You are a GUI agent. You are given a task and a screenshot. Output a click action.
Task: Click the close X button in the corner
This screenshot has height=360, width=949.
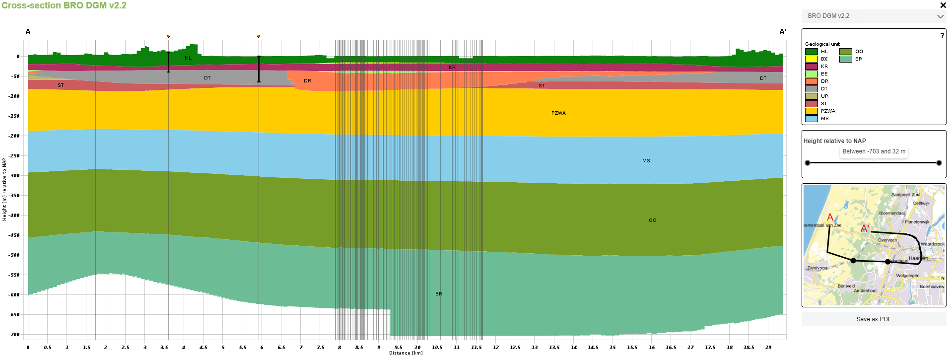click(943, 5)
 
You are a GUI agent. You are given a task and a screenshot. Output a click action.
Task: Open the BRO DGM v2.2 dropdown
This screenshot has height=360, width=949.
click(874, 16)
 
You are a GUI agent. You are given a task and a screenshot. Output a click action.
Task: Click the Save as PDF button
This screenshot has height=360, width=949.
click(874, 319)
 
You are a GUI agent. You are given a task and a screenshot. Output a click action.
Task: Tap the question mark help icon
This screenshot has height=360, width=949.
click(942, 36)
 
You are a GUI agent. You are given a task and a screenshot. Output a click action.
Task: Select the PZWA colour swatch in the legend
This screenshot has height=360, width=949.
click(812, 111)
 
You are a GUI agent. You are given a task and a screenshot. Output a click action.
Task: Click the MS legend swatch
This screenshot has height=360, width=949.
click(812, 119)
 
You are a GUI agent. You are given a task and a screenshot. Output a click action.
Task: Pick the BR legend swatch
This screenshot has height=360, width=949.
click(846, 59)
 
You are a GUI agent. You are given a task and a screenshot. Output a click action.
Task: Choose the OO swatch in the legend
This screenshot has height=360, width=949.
click(846, 52)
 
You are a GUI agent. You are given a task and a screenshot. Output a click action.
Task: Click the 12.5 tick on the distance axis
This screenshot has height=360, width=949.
click(515, 348)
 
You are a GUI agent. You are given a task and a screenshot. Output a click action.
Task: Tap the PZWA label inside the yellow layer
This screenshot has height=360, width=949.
click(558, 113)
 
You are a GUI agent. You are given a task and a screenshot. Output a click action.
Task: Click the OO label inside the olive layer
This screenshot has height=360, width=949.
click(652, 220)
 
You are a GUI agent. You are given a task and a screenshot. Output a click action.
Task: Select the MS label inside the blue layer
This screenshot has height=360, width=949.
click(646, 161)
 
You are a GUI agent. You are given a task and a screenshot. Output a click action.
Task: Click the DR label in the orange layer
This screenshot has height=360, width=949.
click(308, 81)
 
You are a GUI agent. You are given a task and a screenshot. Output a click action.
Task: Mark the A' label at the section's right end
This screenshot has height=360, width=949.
click(783, 32)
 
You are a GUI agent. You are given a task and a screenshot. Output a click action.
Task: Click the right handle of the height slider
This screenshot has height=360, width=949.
click(939, 163)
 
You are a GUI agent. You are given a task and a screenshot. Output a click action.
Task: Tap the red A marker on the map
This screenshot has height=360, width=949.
click(830, 217)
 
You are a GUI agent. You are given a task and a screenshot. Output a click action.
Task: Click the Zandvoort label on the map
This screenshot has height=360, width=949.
click(817, 268)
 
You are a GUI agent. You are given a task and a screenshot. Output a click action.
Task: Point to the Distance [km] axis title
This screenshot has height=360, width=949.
click(406, 353)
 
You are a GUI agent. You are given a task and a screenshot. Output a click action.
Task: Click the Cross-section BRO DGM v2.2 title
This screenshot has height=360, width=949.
click(64, 5)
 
